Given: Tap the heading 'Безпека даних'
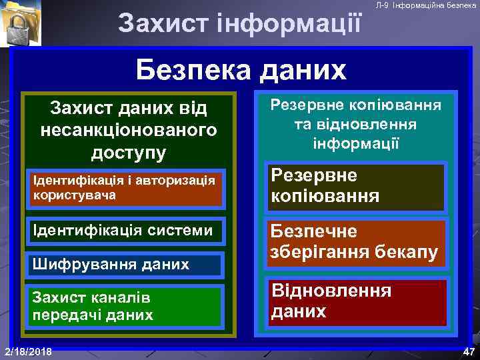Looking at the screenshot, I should tap(241, 69).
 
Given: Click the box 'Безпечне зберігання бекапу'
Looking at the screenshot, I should tap(355, 242).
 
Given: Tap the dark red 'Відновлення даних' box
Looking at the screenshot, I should tap(355, 301).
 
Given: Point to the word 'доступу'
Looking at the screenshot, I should tap(129, 153).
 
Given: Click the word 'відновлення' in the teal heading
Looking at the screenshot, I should tap(377, 125).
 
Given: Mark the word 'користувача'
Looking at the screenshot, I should tap(74, 195).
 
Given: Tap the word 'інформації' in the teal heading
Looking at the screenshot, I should tap(355, 143).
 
